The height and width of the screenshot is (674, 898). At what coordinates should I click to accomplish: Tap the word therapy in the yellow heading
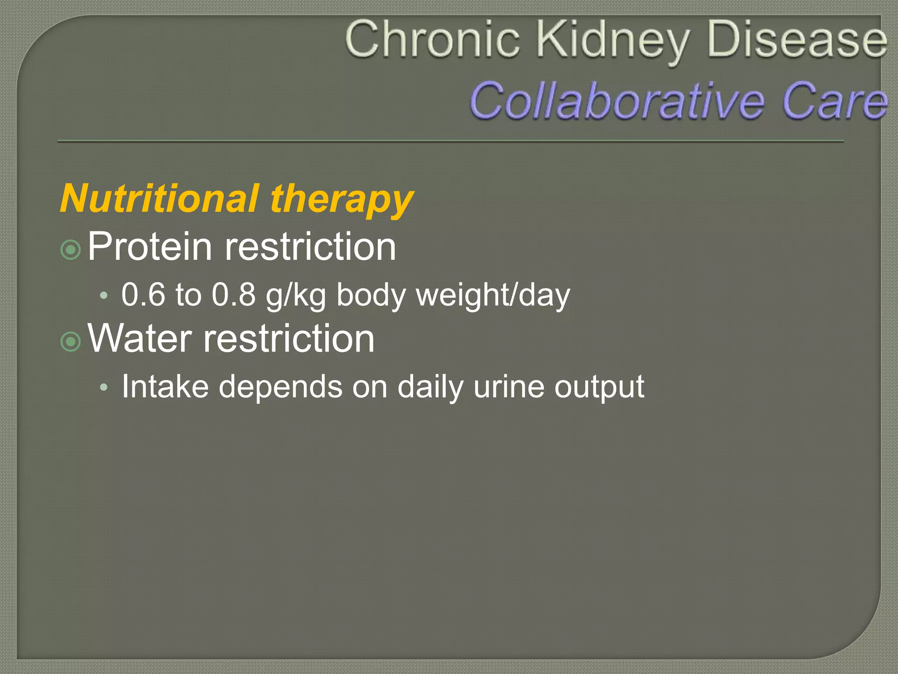342,200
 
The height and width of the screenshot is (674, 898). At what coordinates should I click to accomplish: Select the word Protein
150,247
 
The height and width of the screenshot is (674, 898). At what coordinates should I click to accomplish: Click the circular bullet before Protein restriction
71,250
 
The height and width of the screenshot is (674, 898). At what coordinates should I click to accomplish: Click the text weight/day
493,296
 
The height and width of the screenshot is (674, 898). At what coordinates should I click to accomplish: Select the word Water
140,338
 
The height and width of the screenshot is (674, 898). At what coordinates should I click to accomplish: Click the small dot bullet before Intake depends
103,387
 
